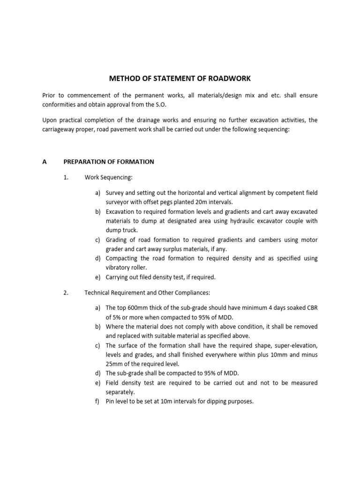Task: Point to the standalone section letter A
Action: coord(45,162)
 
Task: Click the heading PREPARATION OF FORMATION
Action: coord(109,162)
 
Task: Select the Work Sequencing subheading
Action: coord(108,178)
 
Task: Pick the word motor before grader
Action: coord(309,240)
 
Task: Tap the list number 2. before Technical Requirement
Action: coord(66,293)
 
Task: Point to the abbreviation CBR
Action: coord(311,308)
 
